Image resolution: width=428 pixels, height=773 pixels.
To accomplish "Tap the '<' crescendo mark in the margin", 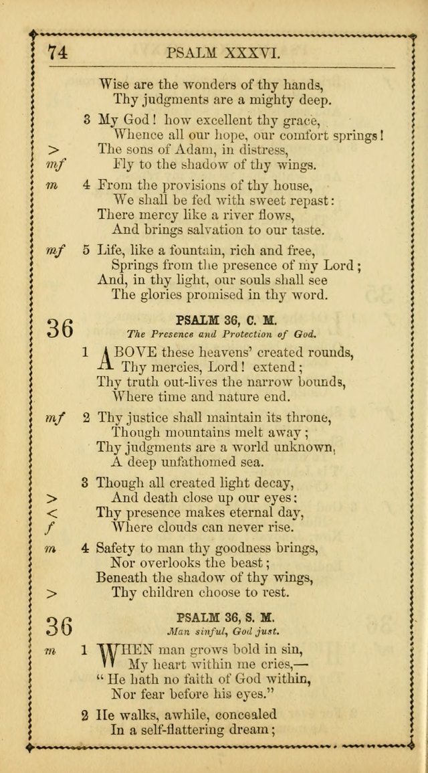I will tap(54, 513).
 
